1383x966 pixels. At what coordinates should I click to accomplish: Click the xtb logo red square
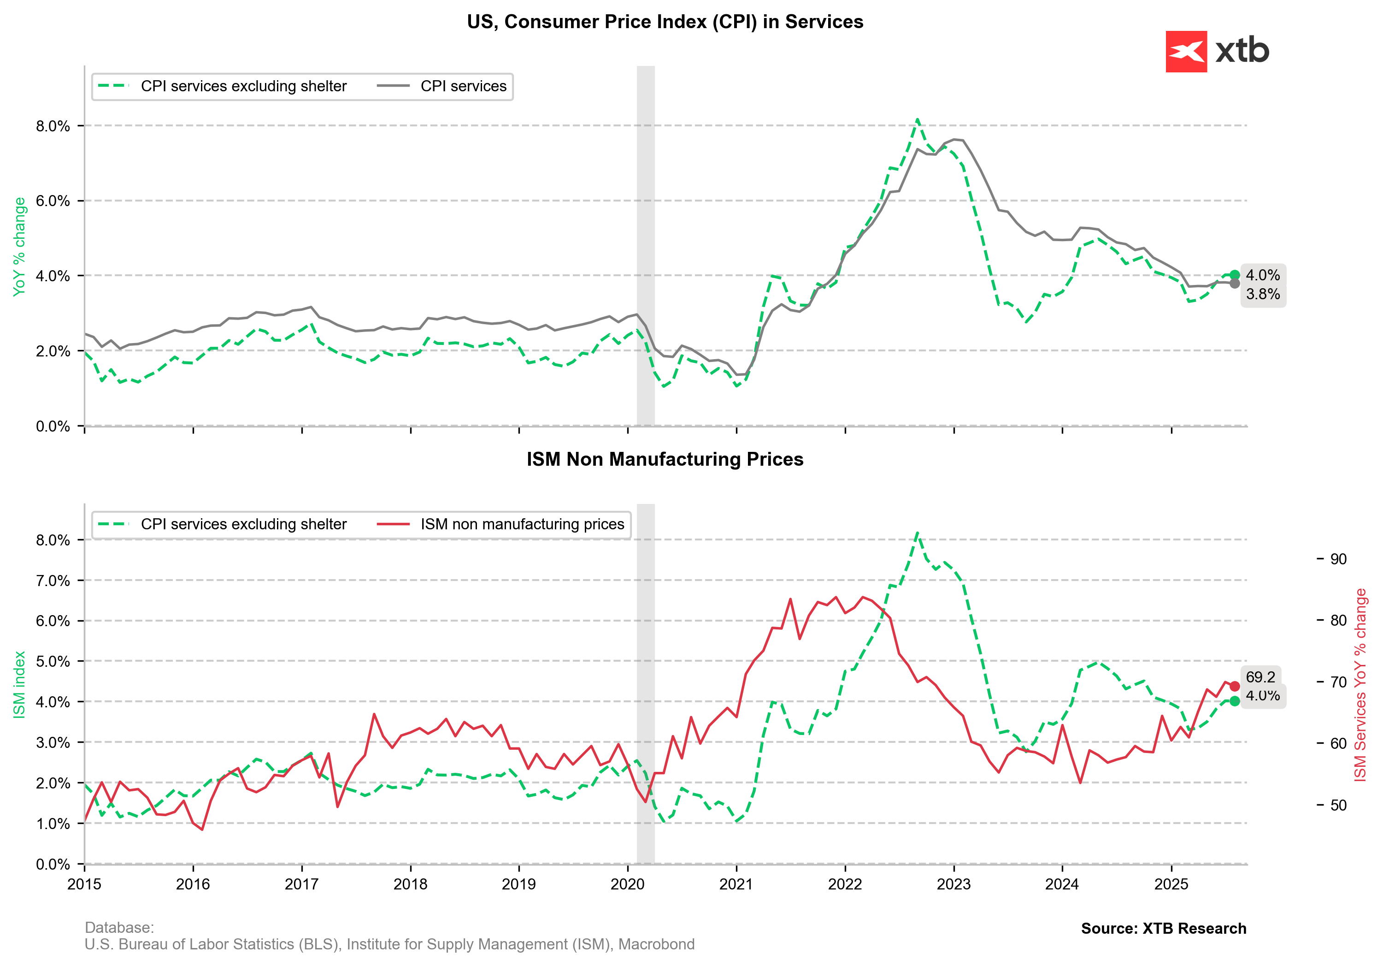tap(1185, 51)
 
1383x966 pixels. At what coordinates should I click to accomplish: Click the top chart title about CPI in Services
tap(665, 22)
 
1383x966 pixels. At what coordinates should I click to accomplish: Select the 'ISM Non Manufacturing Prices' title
tap(665, 459)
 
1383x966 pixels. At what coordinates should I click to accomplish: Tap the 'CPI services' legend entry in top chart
tap(463, 86)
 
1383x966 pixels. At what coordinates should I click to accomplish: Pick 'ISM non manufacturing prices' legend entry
tap(522, 524)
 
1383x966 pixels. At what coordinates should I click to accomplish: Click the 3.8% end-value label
tap(1263, 294)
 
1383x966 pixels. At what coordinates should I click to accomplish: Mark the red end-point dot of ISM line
tap(1234, 686)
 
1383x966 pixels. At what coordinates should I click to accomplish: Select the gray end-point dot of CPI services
tap(1234, 283)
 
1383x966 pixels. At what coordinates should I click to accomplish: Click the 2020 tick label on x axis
tap(628, 884)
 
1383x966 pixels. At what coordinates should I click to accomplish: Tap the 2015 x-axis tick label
tap(84, 884)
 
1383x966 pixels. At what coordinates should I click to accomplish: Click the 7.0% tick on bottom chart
tap(53, 581)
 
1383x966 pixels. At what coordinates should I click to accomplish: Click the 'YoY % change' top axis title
tap(19, 247)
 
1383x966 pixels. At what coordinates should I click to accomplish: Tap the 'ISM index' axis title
tap(19, 685)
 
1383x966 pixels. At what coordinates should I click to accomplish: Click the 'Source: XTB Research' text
tap(1163, 929)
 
